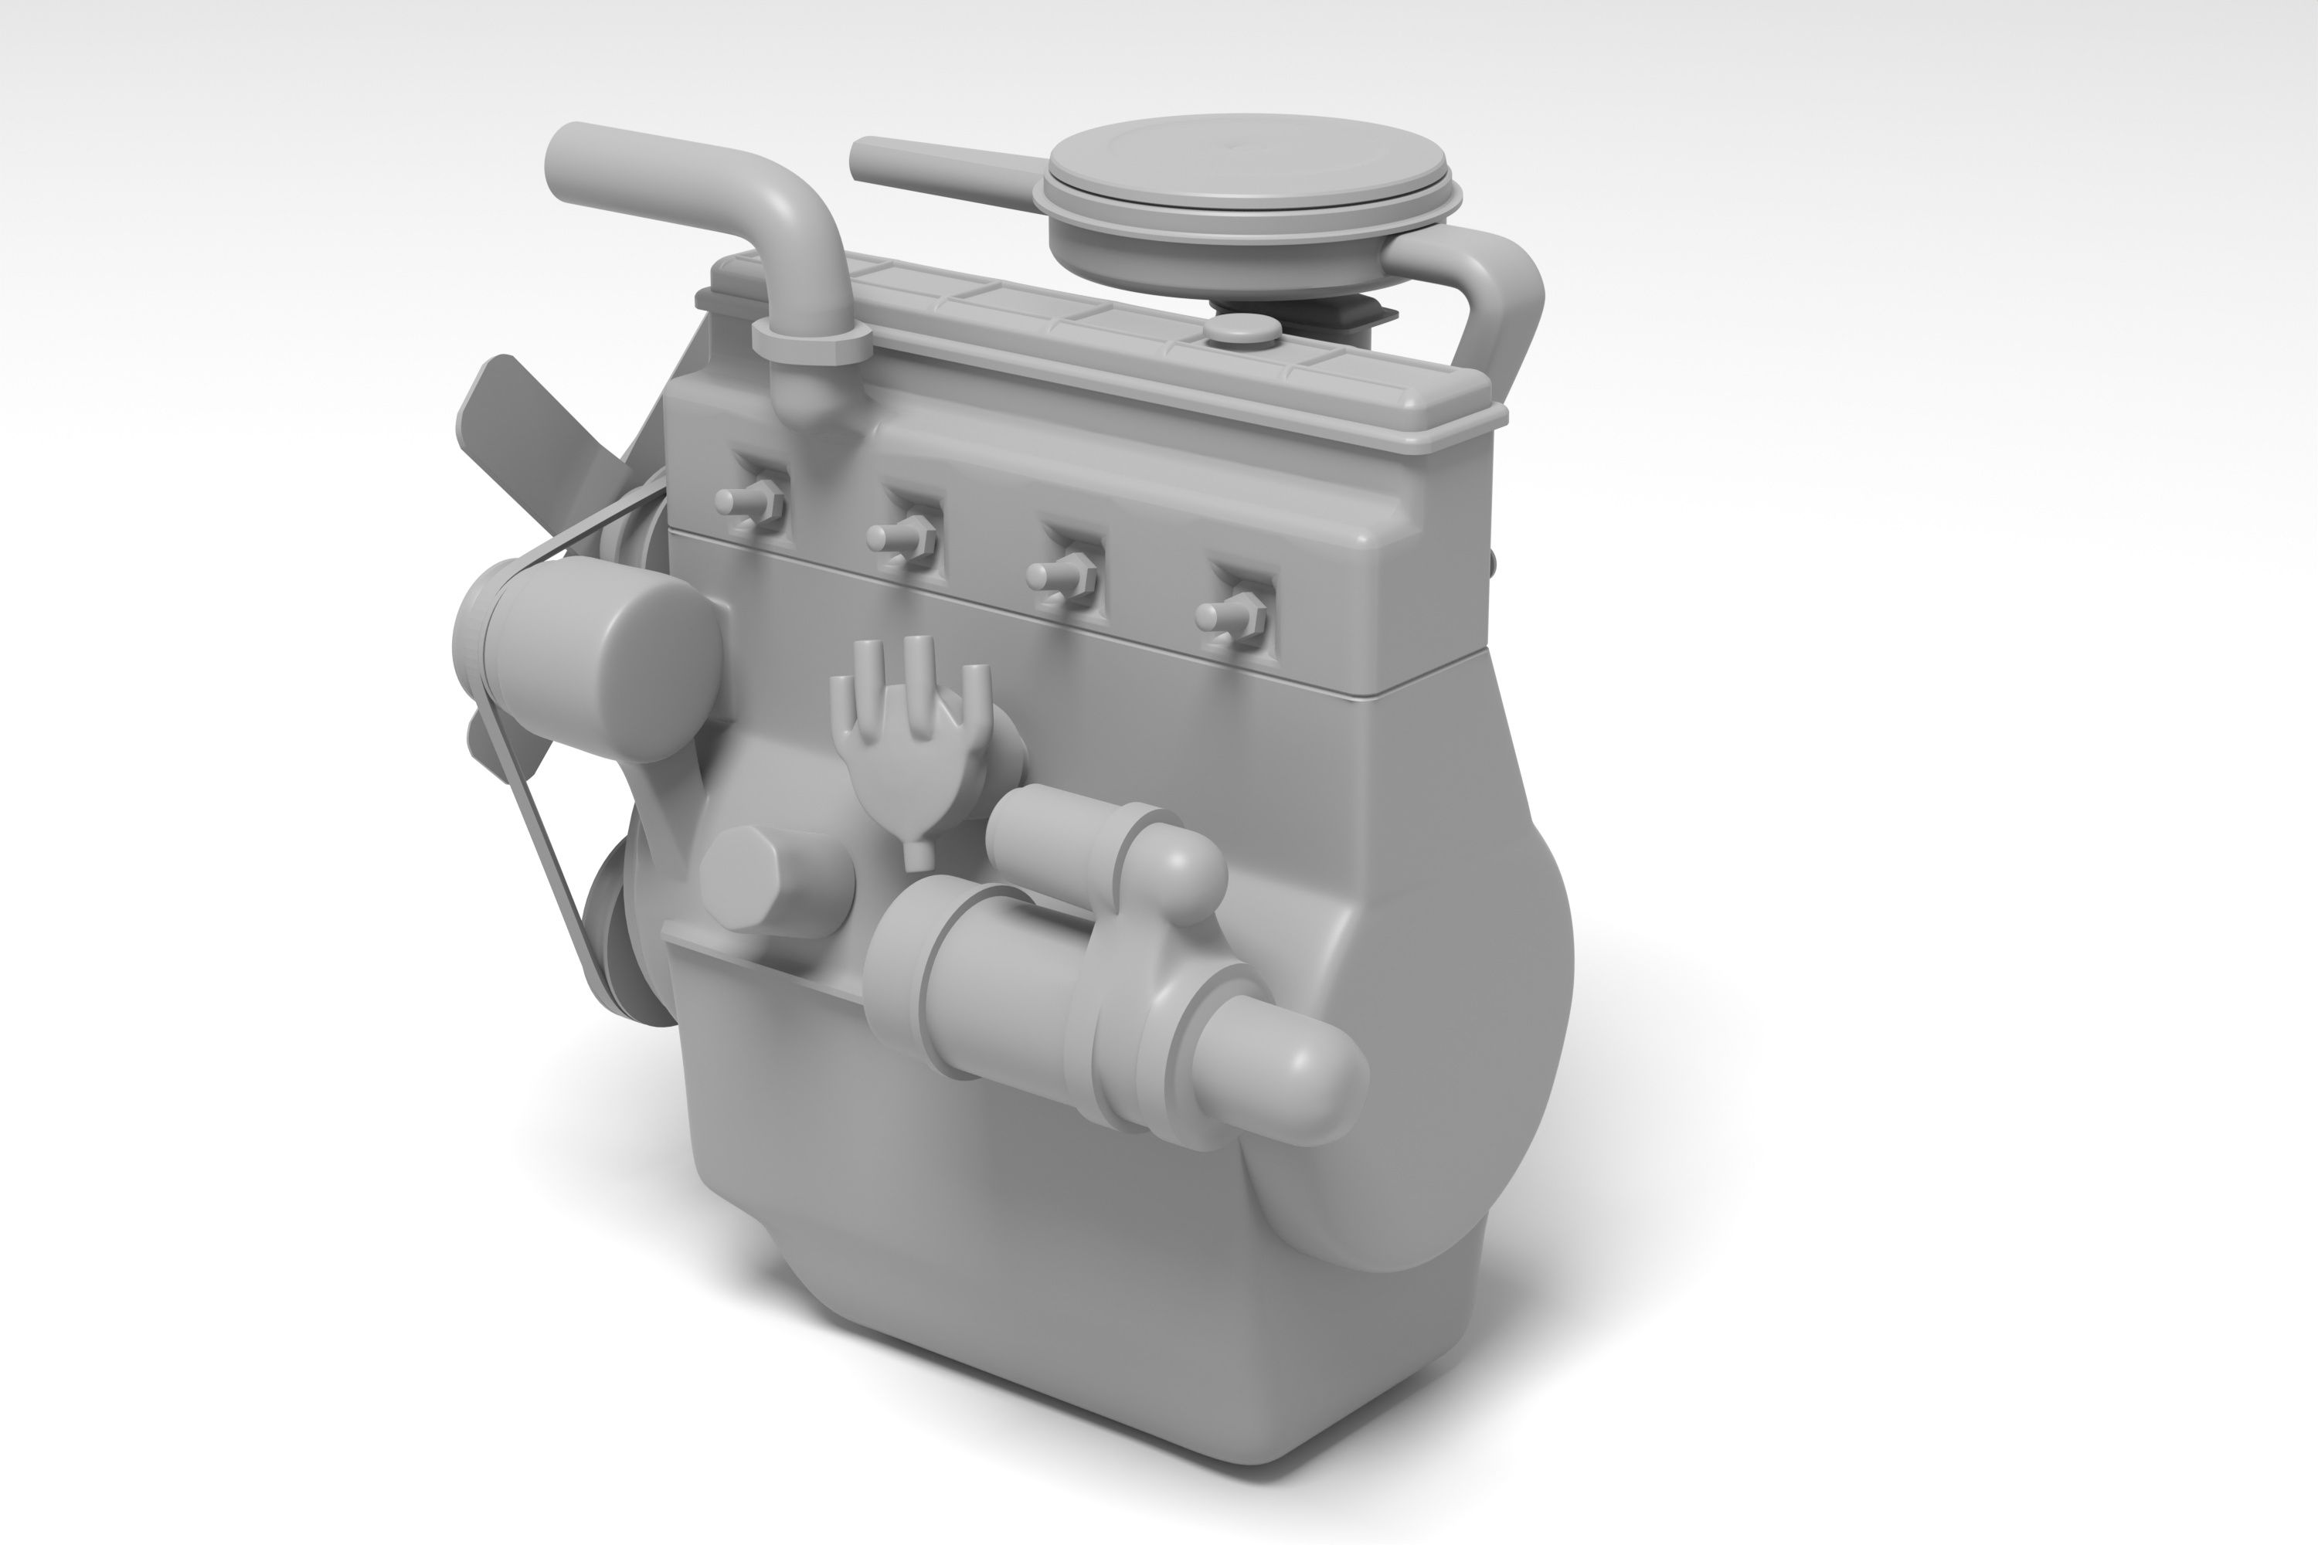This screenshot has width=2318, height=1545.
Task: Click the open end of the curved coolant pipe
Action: point(566,162)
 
